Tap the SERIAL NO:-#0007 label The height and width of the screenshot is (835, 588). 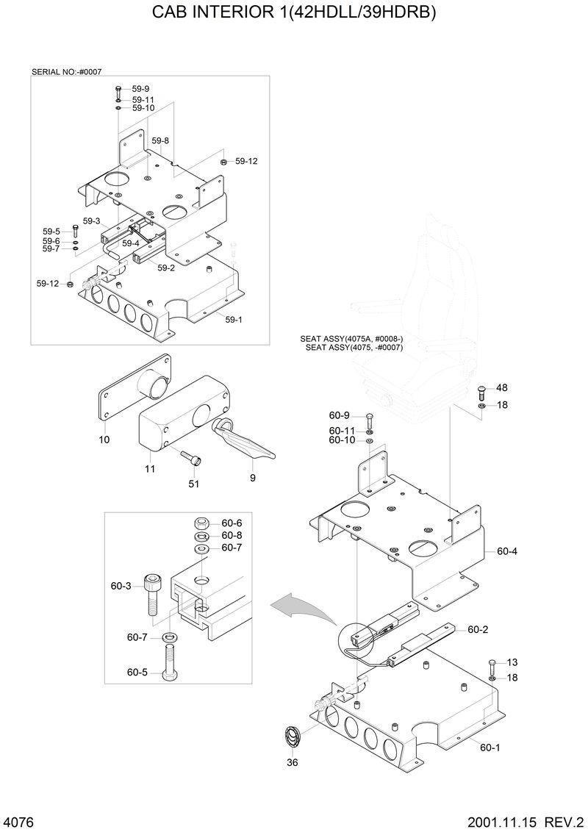66,72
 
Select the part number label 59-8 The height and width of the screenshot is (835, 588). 160,140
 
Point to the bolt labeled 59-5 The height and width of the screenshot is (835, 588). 75,232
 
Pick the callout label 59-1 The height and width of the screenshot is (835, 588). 233,319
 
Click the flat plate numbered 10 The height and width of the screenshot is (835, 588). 136,390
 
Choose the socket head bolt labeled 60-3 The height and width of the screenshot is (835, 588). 151,592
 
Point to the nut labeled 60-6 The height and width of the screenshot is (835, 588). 199,523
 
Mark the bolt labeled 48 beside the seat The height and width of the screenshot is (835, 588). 481,390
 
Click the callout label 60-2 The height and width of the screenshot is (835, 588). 478,629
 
